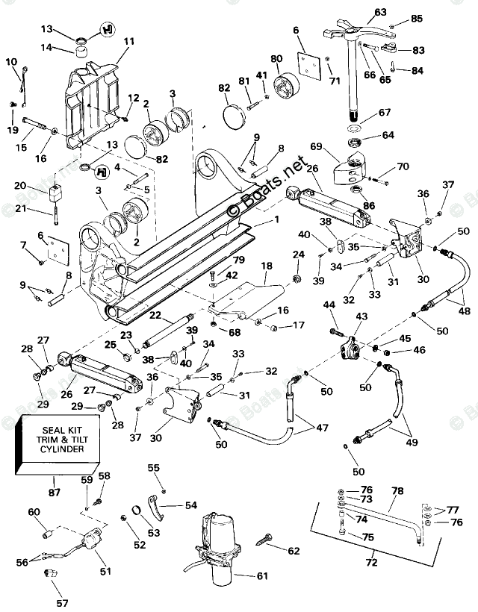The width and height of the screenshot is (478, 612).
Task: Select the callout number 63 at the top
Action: pos(380,12)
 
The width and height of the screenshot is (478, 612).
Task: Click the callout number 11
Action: pos(128,41)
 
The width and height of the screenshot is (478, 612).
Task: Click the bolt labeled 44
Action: pos(332,324)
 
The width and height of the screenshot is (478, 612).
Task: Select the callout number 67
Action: pos(383,113)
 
